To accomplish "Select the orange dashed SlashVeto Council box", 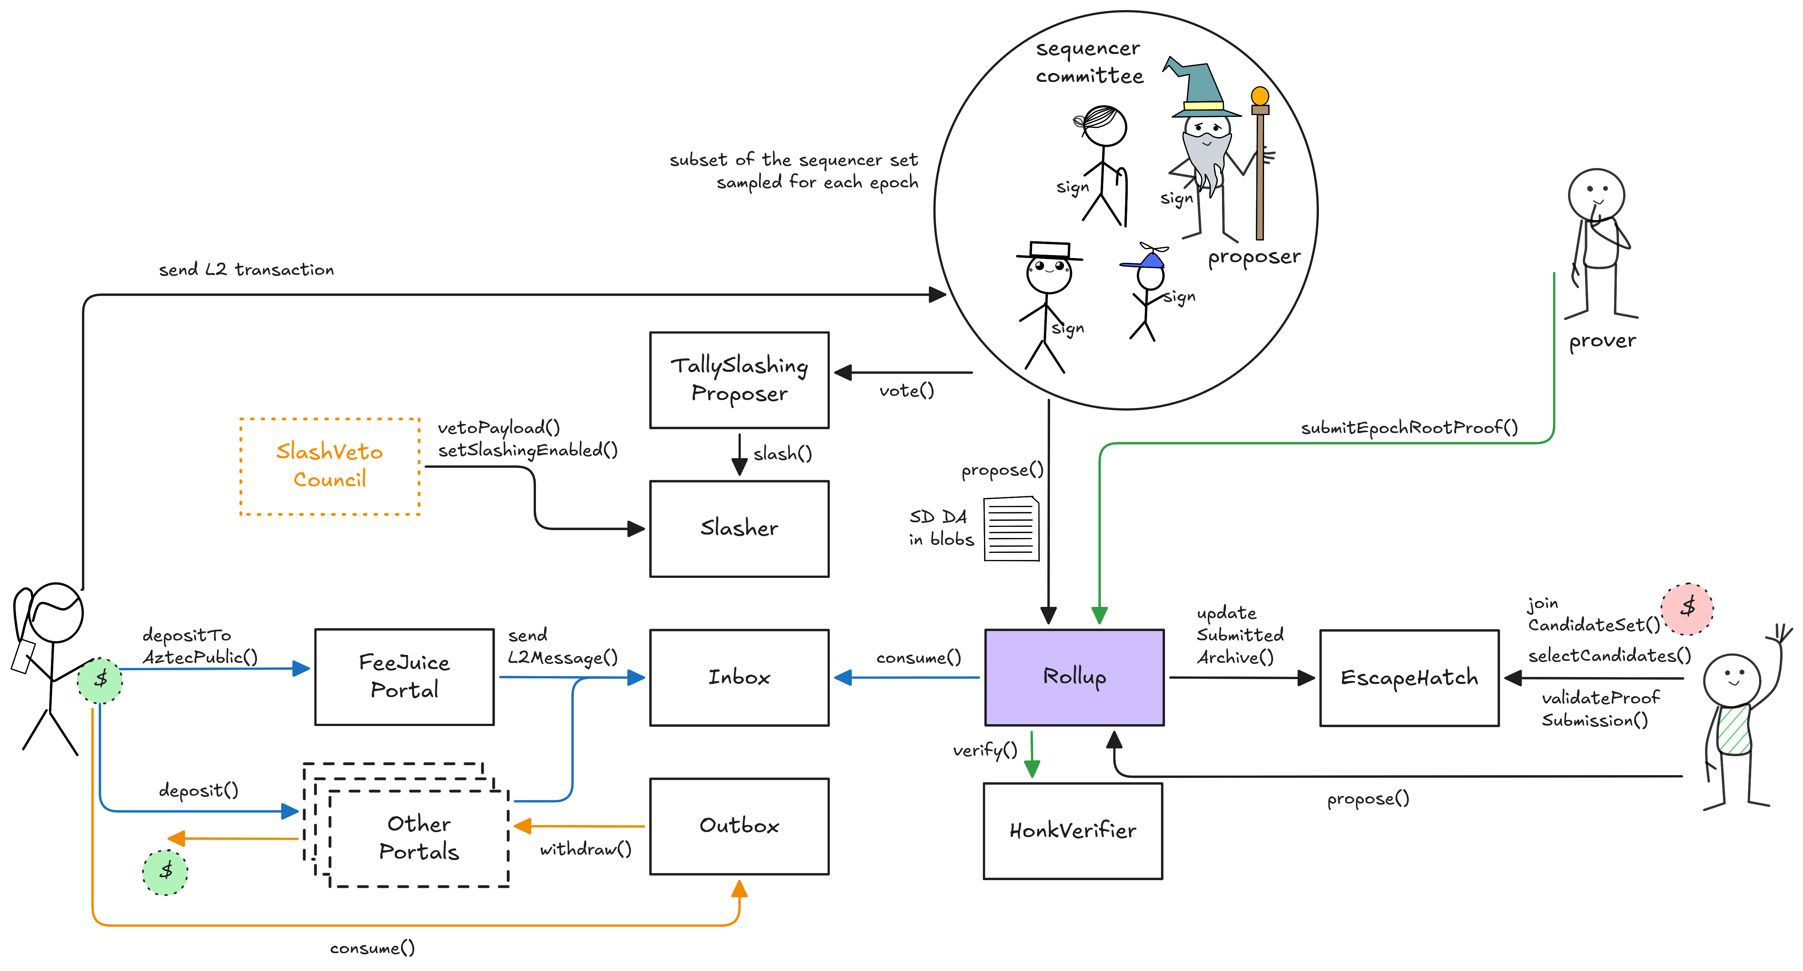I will tap(330, 466).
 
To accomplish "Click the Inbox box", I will tap(739, 677).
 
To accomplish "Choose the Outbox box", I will tap(739, 826).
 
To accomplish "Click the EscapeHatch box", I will tap(1409, 677).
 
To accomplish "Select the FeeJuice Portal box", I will tap(404, 676).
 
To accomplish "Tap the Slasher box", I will tap(739, 528).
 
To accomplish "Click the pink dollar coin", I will tap(1688, 608).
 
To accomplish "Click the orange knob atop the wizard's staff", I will tap(1260, 96).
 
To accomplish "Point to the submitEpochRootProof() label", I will tap(1409, 427).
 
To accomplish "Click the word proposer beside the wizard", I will tap(1254, 257).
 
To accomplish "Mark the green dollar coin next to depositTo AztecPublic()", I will tap(100, 679).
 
